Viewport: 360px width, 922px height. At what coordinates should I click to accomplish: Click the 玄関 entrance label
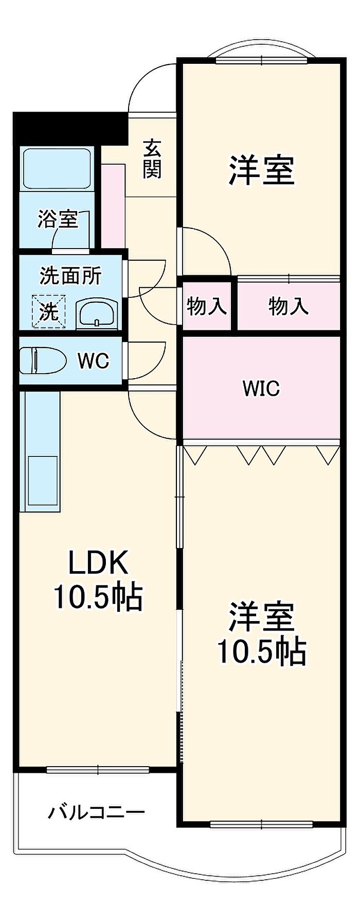point(152,159)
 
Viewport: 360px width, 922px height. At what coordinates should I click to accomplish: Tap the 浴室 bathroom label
point(58,220)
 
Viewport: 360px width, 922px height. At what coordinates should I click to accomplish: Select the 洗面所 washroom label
point(70,276)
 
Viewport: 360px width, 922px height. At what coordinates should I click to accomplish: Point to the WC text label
point(94,361)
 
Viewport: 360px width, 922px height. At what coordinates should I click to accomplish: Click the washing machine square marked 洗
point(49,311)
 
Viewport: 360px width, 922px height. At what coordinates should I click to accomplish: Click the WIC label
point(261,388)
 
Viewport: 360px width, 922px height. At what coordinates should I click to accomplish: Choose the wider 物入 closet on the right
point(289,307)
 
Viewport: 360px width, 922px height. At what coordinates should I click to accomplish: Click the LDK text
point(98,563)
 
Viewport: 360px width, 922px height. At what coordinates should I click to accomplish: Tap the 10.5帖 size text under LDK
point(98,597)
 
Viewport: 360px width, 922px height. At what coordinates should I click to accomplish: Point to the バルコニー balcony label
point(97,812)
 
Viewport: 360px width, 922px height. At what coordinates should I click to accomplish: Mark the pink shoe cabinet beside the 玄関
point(113,206)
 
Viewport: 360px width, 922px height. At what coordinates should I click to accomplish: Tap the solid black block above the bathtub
point(70,128)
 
